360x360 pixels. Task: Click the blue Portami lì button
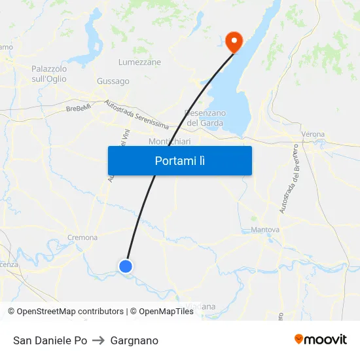pyautogui.click(x=179, y=160)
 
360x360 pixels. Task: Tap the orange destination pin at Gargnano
pyautogui.click(x=233, y=42)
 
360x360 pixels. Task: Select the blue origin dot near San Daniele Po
pyautogui.click(x=126, y=266)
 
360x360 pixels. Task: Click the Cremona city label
pyautogui.click(x=82, y=238)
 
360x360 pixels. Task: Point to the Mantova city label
pyautogui.click(x=265, y=230)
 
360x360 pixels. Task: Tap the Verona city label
pyautogui.click(x=313, y=134)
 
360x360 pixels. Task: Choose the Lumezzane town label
pyautogui.click(x=139, y=62)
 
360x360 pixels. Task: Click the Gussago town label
pyautogui.click(x=113, y=81)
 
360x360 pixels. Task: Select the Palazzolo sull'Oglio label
pyautogui.click(x=49, y=73)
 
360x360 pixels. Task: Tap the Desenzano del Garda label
pyautogui.click(x=206, y=118)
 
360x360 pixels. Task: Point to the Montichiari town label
pyautogui.click(x=169, y=141)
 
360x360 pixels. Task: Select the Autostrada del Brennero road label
pyautogui.click(x=286, y=186)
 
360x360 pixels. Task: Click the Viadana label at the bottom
pyautogui.click(x=200, y=306)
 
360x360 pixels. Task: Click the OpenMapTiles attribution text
pyautogui.click(x=166, y=312)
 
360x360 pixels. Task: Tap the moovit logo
pyautogui.click(x=321, y=340)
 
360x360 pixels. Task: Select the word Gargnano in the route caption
pyautogui.click(x=134, y=340)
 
